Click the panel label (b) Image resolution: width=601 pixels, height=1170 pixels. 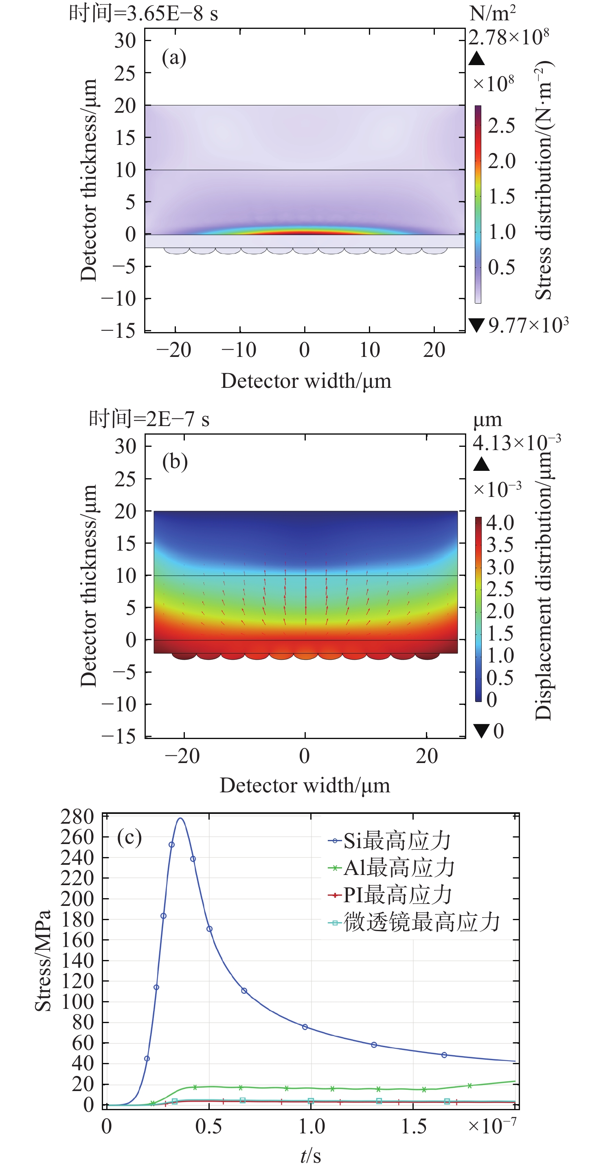(x=175, y=462)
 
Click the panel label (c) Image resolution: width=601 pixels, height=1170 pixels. (x=129, y=838)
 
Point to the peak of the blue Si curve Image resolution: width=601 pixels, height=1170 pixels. (x=180, y=819)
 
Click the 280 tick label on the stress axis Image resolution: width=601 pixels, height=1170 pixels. (x=77, y=817)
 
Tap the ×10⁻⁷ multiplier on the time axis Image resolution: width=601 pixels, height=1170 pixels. (x=492, y=1126)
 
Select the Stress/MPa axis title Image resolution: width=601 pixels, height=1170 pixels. (x=43, y=960)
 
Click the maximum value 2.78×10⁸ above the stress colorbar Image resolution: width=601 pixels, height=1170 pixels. (x=509, y=37)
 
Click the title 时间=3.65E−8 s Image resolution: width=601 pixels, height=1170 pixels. (x=143, y=13)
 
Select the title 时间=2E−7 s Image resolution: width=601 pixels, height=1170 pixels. (x=149, y=419)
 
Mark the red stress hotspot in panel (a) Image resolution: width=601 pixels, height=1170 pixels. (x=305, y=232)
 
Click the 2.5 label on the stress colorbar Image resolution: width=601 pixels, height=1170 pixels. (x=501, y=126)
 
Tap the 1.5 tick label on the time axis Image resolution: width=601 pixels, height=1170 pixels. (x=413, y=1126)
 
